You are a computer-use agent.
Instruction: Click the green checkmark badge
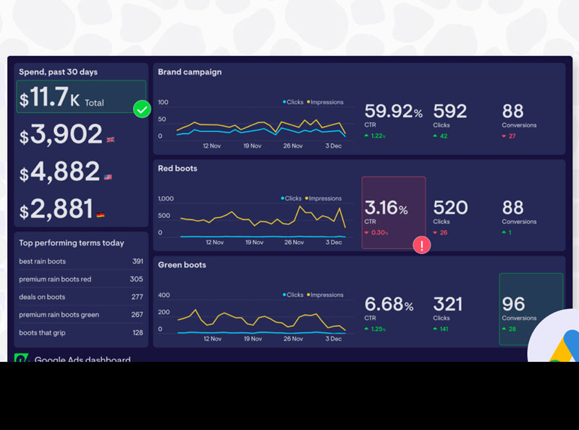(143, 109)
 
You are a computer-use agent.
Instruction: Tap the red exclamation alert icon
(421, 245)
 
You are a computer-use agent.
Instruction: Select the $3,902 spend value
(62, 135)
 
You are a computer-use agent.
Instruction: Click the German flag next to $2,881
(100, 215)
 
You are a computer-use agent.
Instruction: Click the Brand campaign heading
(190, 72)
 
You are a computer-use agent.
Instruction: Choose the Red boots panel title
(177, 169)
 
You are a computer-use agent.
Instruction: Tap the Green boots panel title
(182, 265)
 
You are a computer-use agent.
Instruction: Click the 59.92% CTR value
(393, 111)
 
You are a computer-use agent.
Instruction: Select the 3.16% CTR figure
(386, 208)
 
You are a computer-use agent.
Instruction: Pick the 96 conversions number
(513, 304)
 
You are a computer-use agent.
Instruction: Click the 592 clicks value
(449, 111)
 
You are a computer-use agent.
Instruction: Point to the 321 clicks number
(449, 304)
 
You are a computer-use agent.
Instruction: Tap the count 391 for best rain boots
(138, 261)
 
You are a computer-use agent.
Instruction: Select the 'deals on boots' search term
(42, 297)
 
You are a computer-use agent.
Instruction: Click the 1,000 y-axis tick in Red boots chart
(166, 198)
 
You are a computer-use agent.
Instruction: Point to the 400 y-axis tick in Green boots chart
(164, 295)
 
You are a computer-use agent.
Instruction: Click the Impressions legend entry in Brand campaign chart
(326, 102)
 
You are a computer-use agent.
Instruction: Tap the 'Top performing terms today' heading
(72, 243)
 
